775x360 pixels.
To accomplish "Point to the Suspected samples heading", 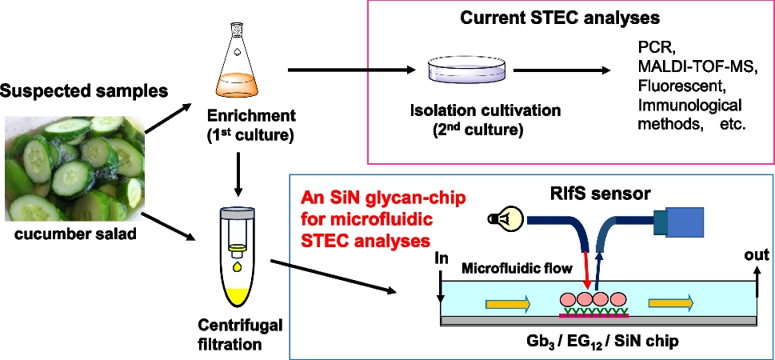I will coord(84,90).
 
